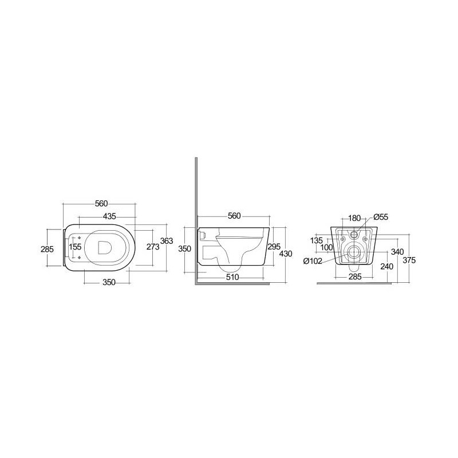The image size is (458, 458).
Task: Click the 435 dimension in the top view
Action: tap(109, 216)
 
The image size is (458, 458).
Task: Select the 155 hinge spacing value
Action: tap(75, 247)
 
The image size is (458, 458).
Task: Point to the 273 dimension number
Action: tap(153, 247)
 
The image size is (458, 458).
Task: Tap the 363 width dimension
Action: tap(166, 241)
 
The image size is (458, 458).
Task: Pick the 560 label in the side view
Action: tap(234, 216)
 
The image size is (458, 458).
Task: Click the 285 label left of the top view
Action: tap(48, 249)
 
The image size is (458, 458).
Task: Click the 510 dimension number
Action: tap(232, 277)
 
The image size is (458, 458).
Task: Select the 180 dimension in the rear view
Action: tap(354, 218)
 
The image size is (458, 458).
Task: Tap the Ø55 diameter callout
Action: tap(381, 218)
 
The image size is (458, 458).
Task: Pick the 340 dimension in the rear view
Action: tap(397, 251)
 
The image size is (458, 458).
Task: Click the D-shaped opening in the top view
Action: tap(105, 247)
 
